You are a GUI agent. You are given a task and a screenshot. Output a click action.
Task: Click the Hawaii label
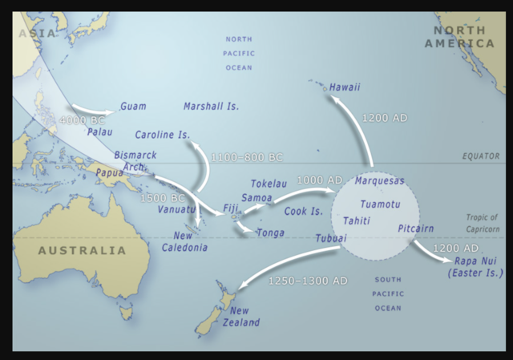pyautogui.click(x=345, y=87)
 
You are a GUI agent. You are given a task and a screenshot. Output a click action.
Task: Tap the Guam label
pyautogui.click(x=132, y=106)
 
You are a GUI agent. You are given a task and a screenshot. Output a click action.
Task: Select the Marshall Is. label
pyautogui.click(x=211, y=106)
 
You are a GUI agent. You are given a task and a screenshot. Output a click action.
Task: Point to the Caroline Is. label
pyautogui.click(x=162, y=134)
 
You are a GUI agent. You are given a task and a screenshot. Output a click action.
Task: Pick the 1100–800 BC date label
pyautogui.click(x=247, y=157)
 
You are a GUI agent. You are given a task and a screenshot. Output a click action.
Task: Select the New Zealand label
pyautogui.click(x=244, y=317)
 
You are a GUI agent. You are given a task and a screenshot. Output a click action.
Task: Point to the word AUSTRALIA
pyautogui.click(x=82, y=250)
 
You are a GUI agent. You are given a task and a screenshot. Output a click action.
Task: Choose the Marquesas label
pyautogui.click(x=379, y=181)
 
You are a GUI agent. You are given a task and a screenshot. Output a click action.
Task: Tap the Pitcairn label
pyautogui.click(x=415, y=229)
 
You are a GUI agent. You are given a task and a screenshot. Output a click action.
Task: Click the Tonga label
pyautogui.click(x=269, y=233)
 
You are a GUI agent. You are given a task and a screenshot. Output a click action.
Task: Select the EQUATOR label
pyautogui.click(x=481, y=156)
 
